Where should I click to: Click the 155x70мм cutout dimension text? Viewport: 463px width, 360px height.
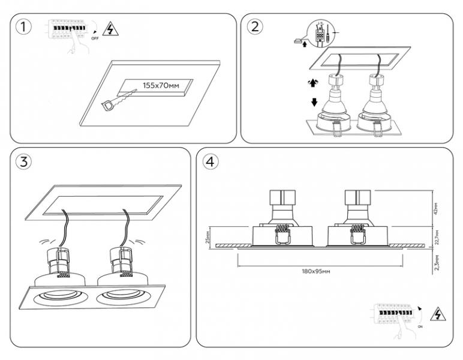point(161,86)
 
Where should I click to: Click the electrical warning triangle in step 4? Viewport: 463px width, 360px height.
point(440,314)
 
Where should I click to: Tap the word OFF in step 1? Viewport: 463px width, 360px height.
point(94,38)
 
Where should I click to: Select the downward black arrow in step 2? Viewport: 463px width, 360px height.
point(314,101)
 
